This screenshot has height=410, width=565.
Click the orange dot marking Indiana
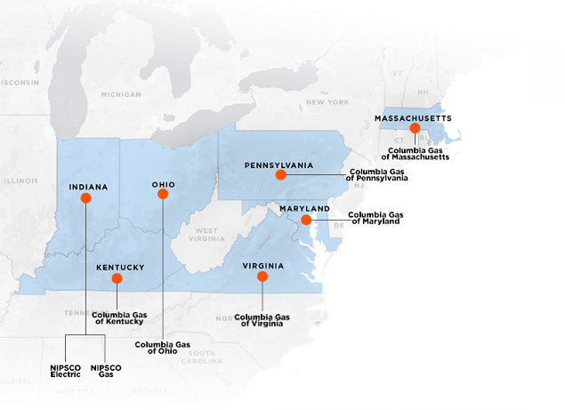point(85,198)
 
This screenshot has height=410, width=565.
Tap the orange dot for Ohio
point(163,195)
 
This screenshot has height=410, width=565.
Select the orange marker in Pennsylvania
point(281,175)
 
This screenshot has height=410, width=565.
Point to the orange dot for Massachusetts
point(415,128)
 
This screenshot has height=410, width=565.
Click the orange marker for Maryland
point(305,220)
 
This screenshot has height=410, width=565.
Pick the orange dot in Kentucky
point(117,278)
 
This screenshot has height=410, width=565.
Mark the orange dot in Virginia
point(262,277)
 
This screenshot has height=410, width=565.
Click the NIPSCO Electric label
point(66,371)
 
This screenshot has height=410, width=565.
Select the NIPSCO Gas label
point(106,371)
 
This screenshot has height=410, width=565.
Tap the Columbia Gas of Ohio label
point(156,348)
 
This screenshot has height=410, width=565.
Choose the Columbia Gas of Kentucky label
point(117,318)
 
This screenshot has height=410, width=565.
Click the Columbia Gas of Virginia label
point(262,320)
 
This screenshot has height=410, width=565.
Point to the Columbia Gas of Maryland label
point(374,218)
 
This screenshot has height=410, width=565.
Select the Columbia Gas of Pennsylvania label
point(378,174)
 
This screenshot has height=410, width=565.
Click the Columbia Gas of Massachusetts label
point(418,153)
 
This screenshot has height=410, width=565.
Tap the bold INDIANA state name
point(88,187)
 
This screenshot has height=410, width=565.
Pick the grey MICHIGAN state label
point(121,94)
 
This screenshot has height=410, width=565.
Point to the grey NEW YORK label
point(327,102)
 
